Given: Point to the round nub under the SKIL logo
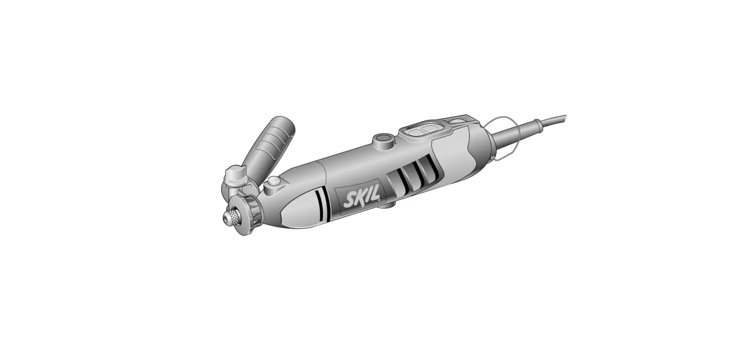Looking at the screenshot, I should (386, 205).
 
